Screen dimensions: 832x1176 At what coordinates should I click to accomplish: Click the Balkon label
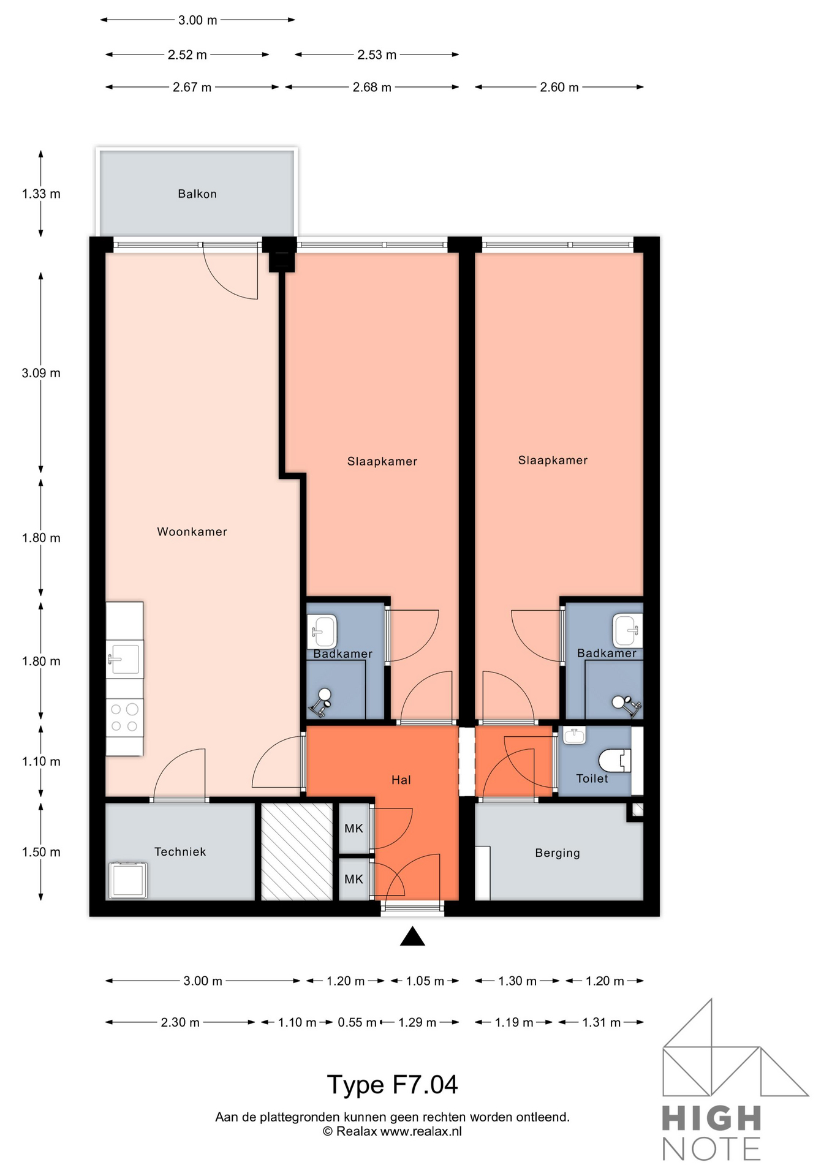[x=197, y=194]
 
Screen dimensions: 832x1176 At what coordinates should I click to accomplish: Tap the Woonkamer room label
[x=192, y=532]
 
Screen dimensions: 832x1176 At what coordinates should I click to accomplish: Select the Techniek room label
[x=180, y=851]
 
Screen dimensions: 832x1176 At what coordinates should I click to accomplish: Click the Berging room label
[x=558, y=853]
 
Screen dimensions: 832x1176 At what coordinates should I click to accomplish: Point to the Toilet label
[x=592, y=778]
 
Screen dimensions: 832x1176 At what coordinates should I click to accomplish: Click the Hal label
[x=401, y=780]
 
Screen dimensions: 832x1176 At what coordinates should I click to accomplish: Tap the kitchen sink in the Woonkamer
[x=125, y=659]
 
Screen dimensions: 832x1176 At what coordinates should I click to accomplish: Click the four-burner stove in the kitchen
[x=125, y=718]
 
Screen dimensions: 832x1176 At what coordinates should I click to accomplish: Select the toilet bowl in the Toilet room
[x=615, y=761]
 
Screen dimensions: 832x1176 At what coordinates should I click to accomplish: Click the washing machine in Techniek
[x=128, y=880]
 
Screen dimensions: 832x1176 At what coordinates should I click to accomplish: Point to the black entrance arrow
[x=412, y=937]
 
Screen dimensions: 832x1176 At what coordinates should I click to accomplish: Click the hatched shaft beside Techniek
[x=297, y=851]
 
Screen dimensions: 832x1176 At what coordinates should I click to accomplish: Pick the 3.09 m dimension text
[x=41, y=373]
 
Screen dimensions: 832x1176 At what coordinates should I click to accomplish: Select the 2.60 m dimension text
[x=559, y=88]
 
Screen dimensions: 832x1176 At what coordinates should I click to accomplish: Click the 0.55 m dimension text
[x=357, y=1022]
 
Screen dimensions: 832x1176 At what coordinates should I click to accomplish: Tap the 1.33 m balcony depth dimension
[x=41, y=194]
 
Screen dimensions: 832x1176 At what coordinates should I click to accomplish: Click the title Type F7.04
[x=392, y=1085]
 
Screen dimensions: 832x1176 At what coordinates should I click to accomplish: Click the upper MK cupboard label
[x=354, y=829]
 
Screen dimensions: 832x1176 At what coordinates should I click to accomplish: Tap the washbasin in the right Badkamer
[x=627, y=631]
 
